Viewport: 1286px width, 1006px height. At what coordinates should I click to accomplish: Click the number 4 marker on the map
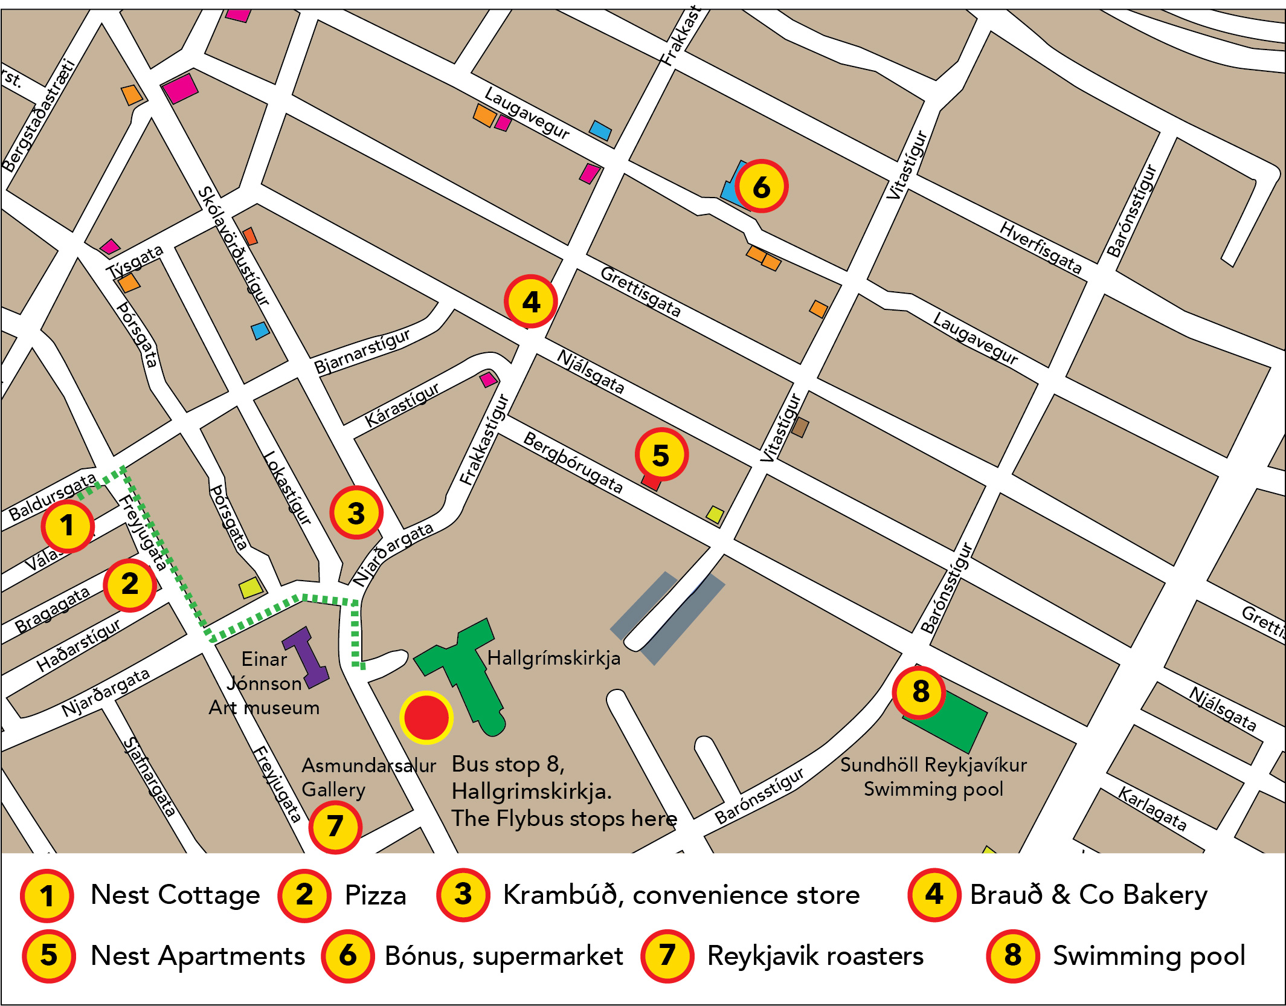click(x=530, y=301)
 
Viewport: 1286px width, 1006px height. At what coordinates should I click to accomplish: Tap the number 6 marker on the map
click(x=761, y=187)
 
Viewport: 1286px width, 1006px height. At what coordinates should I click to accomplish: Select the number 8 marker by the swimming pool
click(x=919, y=691)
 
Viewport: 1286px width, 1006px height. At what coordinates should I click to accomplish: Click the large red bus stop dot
click(x=426, y=717)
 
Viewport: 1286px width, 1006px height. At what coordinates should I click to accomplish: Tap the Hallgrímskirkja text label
click(x=553, y=658)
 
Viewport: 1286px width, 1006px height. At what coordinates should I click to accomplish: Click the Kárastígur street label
click(x=402, y=405)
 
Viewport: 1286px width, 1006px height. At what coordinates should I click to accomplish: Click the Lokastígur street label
click(x=288, y=488)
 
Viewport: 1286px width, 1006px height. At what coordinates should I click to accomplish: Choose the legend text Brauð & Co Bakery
click(x=1088, y=895)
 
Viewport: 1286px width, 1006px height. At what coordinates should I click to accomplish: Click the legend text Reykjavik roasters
click(x=815, y=956)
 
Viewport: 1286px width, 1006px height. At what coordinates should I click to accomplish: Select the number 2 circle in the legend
click(x=304, y=895)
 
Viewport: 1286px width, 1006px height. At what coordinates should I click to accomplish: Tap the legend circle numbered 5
click(x=48, y=956)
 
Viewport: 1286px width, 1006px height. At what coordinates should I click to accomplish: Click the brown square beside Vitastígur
click(x=800, y=427)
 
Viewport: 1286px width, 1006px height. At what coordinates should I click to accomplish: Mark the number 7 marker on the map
click(x=335, y=826)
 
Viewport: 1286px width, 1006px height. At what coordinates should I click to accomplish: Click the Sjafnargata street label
click(x=150, y=776)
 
